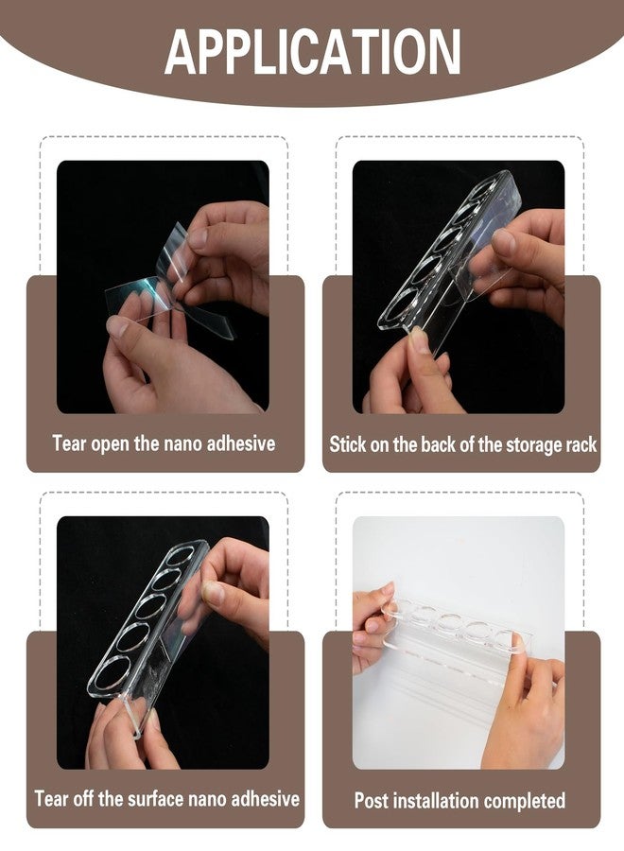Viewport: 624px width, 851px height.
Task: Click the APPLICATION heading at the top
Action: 313,52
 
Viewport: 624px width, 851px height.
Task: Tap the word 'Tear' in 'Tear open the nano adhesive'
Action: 69,443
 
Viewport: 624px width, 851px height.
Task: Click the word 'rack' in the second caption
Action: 581,444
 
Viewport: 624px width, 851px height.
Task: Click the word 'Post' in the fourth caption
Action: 372,801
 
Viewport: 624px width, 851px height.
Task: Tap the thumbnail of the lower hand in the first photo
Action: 117,326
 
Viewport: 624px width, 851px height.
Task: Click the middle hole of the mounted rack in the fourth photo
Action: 451,622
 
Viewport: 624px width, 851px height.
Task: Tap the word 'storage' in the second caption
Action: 530,445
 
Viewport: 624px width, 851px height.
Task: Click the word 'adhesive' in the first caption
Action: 241,443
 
